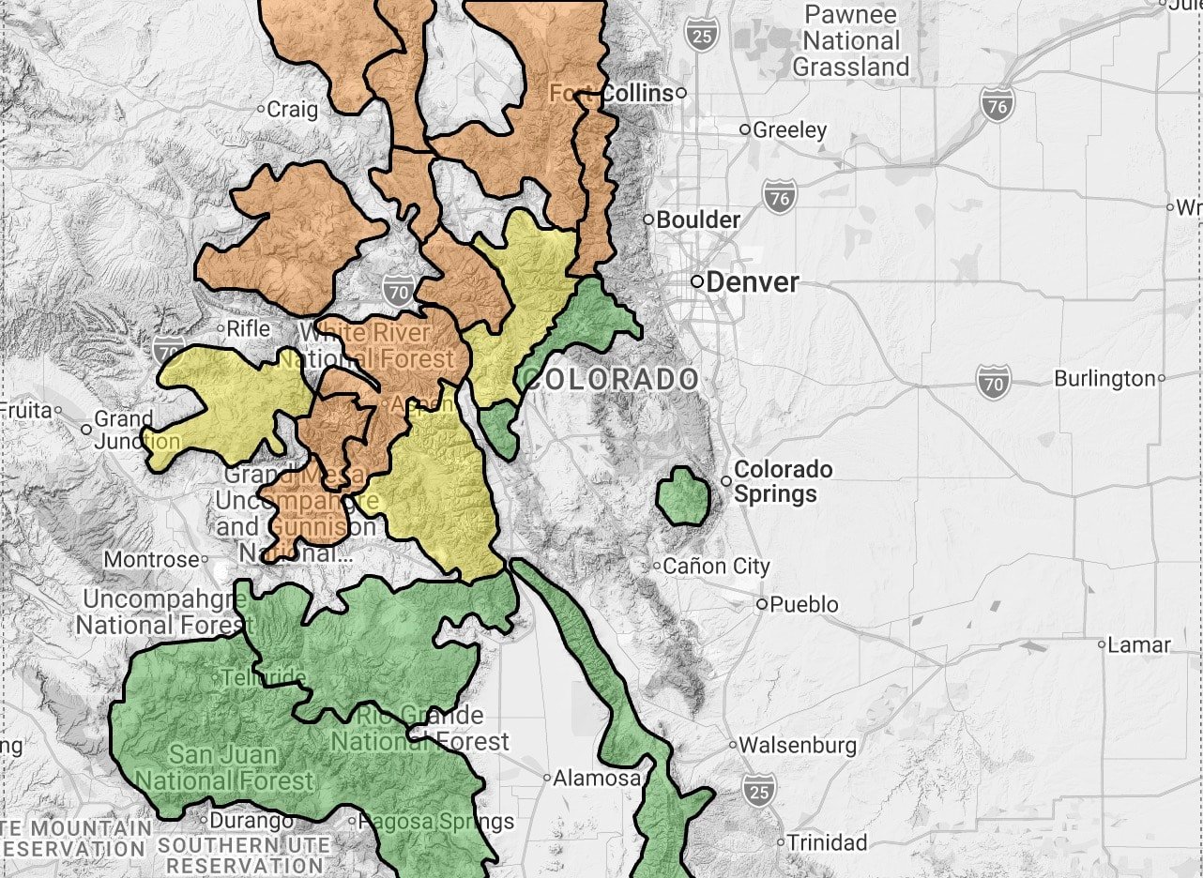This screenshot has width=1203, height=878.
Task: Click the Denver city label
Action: [x=753, y=281]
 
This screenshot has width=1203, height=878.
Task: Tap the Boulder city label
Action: [x=698, y=219]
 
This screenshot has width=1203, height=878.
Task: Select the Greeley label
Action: [x=789, y=129]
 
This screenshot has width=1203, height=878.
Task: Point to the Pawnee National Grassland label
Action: [x=851, y=41]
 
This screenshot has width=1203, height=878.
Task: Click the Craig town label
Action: [x=292, y=109]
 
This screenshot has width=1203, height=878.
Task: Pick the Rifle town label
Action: [x=249, y=328]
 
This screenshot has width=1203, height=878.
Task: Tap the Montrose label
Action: [x=151, y=559]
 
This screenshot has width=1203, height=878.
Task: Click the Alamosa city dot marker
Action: [x=548, y=778]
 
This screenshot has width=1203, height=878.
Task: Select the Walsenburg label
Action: [x=798, y=745]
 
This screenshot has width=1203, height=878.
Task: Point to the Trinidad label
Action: [x=827, y=841]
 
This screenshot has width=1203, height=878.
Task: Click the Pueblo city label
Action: [x=803, y=604]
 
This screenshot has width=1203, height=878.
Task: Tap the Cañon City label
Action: [x=716, y=566]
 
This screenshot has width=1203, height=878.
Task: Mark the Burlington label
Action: [x=1104, y=378]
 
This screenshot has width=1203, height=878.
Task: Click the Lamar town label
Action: [x=1139, y=644]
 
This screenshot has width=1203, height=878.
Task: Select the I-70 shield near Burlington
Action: [x=994, y=382]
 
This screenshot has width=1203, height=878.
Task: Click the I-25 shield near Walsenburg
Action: [x=758, y=789]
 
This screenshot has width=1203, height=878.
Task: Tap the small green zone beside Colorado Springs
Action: [x=682, y=496]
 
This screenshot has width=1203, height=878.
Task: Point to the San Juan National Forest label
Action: [x=224, y=767]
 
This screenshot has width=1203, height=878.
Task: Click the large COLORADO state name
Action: [x=612, y=379]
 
